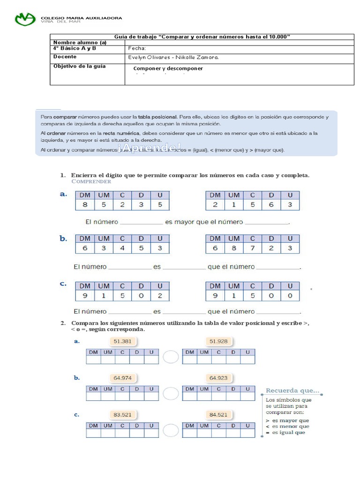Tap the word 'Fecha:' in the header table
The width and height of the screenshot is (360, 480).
pyautogui.click(x=137, y=48)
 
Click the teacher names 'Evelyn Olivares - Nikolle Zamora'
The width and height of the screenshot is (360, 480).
pyautogui.click(x=173, y=57)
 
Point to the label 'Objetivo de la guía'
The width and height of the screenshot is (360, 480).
pyautogui.click(x=79, y=66)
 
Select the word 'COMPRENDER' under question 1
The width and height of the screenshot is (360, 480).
pyautogui.click(x=91, y=181)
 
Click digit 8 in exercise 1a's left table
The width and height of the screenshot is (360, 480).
pyautogui.click(x=84, y=204)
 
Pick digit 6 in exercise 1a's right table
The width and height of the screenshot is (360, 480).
pyautogui.click(x=271, y=204)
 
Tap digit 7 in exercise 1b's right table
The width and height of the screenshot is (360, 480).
pyautogui.click(x=252, y=248)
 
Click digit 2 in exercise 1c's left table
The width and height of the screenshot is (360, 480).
pyautogui.click(x=159, y=296)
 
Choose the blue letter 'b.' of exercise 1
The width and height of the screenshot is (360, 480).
pyautogui.click(x=64, y=239)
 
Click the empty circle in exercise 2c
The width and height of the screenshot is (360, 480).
pyautogui.click(x=171, y=431)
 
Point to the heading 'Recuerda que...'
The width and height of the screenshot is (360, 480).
pyautogui.click(x=292, y=390)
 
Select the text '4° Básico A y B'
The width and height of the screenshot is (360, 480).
pyautogui.click(x=75, y=48)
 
